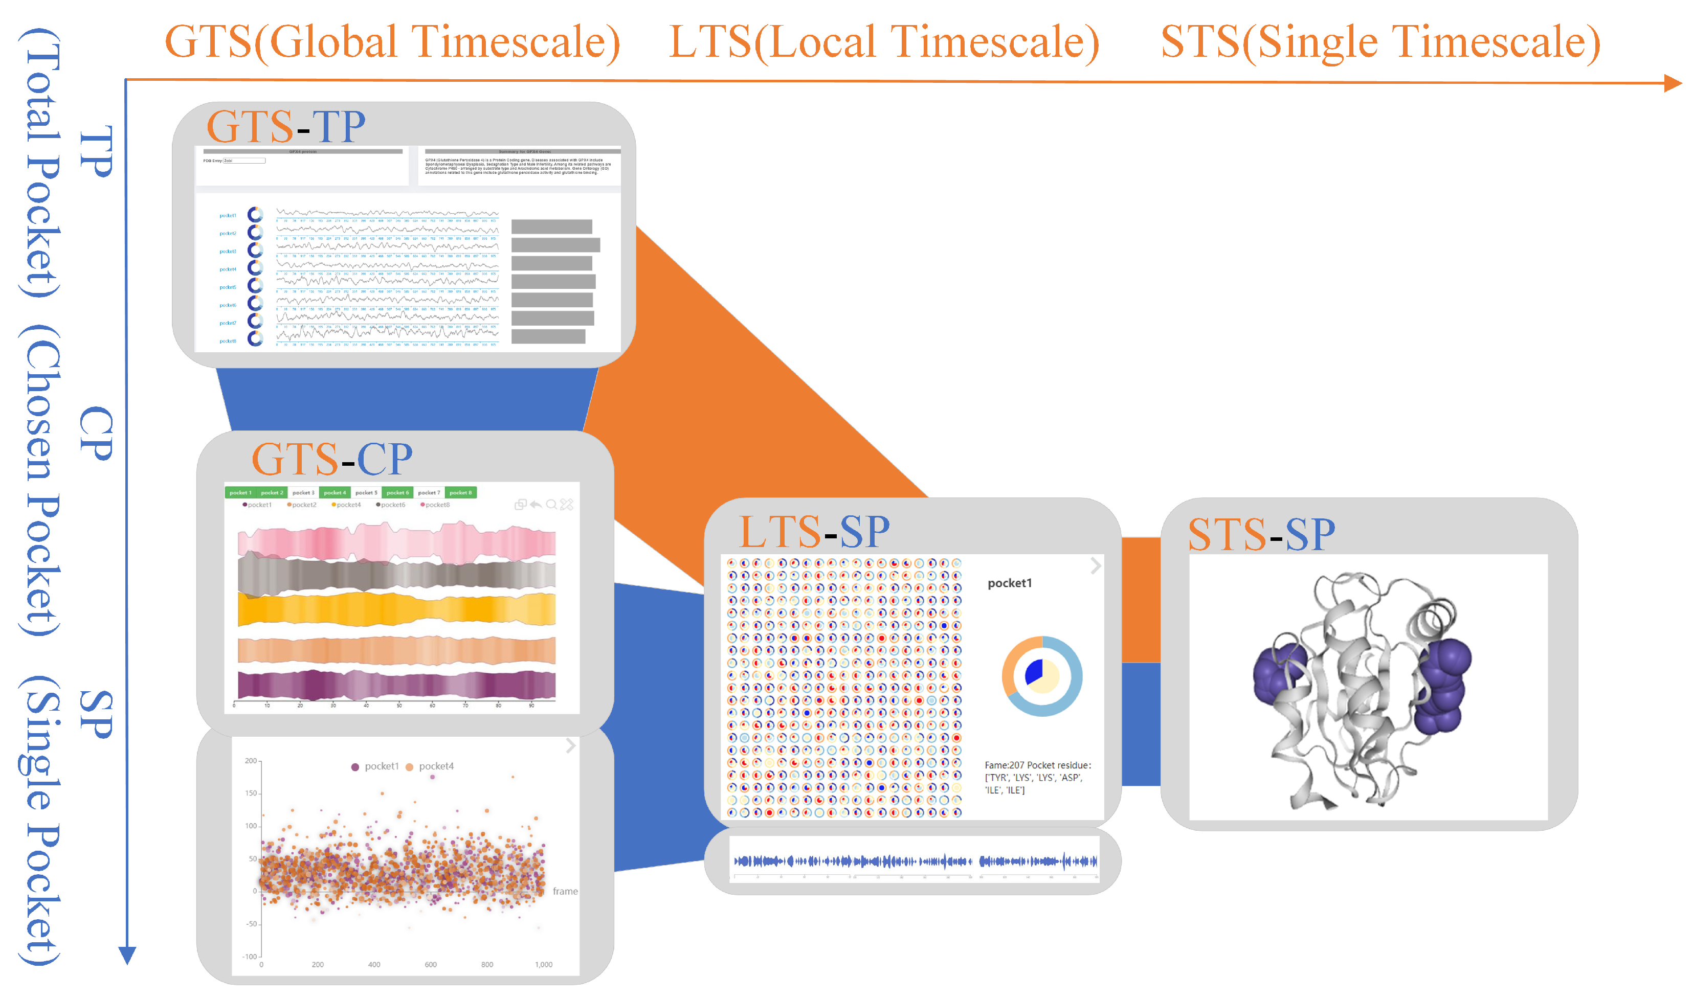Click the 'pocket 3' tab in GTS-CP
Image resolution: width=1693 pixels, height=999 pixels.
[303, 493]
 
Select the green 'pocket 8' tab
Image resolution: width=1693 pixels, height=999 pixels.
[461, 493]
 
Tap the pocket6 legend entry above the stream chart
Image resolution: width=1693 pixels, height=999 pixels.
[392, 505]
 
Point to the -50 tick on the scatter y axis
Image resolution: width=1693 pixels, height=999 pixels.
[251, 924]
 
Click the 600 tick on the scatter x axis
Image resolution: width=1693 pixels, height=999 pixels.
[430, 965]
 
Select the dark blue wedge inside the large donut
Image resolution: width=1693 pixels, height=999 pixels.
[1033, 671]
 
